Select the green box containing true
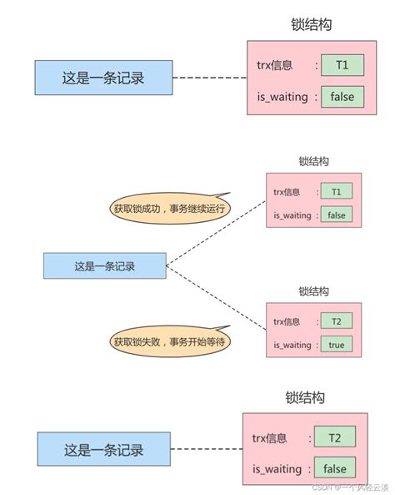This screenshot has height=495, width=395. point(336,344)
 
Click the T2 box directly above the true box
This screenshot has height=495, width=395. point(336,321)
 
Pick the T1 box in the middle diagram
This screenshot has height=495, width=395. point(336,192)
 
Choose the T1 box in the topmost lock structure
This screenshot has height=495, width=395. point(342,64)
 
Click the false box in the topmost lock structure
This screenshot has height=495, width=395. point(342,96)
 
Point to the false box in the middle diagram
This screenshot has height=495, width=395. point(336,215)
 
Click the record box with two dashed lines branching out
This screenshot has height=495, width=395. point(105,267)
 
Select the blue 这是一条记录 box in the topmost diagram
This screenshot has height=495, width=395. point(103,78)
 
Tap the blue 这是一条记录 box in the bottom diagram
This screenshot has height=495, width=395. point(103,450)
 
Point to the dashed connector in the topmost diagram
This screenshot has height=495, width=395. point(208,78)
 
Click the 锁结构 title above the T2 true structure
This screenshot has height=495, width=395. point(313,291)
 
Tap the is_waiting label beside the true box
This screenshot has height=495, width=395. point(292,344)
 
